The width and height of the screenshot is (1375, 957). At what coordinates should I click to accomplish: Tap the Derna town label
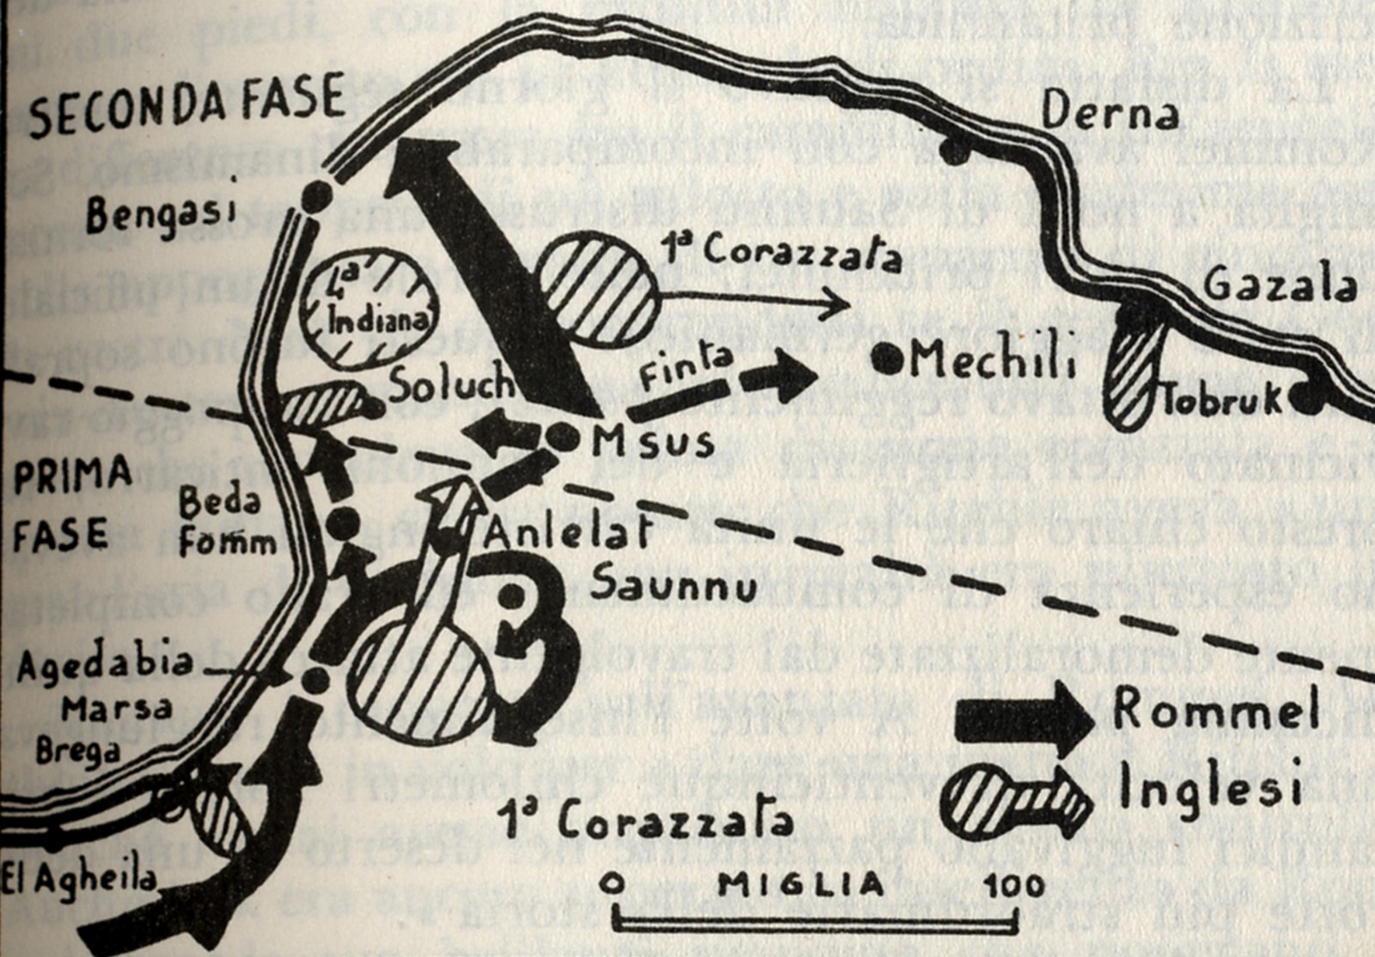(x=1109, y=113)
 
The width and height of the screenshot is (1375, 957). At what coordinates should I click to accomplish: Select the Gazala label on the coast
(x=1279, y=285)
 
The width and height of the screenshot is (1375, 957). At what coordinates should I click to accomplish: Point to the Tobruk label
(x=1222, y=401)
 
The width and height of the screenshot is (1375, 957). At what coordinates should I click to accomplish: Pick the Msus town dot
(x=563, y=438)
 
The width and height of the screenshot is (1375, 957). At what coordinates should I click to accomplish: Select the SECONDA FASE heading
(x=186, y=106)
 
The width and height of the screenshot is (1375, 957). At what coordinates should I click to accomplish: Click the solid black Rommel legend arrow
(x=1023, y=720)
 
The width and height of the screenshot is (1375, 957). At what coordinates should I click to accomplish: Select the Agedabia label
(x=105, y=664)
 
